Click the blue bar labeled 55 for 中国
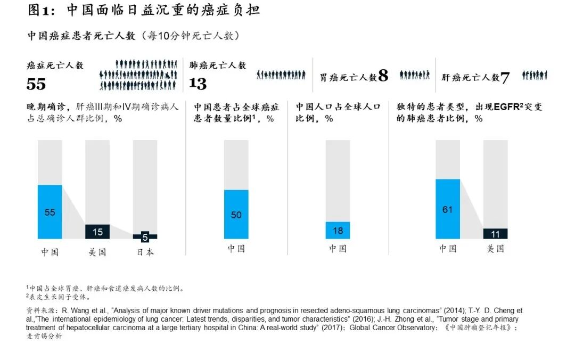[50, 212]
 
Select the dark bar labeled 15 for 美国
[97, 232]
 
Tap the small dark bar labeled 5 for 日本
[145, 236]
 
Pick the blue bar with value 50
[236, 214]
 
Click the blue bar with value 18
[338, 230]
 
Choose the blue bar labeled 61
[447, 209]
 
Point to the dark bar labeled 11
[495, 234]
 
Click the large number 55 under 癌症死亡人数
[36, 84]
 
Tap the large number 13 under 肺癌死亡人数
[198, 84]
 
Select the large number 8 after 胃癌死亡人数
[383, 76]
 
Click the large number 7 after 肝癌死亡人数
[505, 78]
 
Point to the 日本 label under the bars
[145, 252]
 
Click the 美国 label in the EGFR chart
[495, 248]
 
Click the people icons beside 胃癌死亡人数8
[414, 75]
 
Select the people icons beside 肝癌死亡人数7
[534, 76]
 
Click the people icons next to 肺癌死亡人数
[281, 75]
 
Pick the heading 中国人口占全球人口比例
[338, 112]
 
